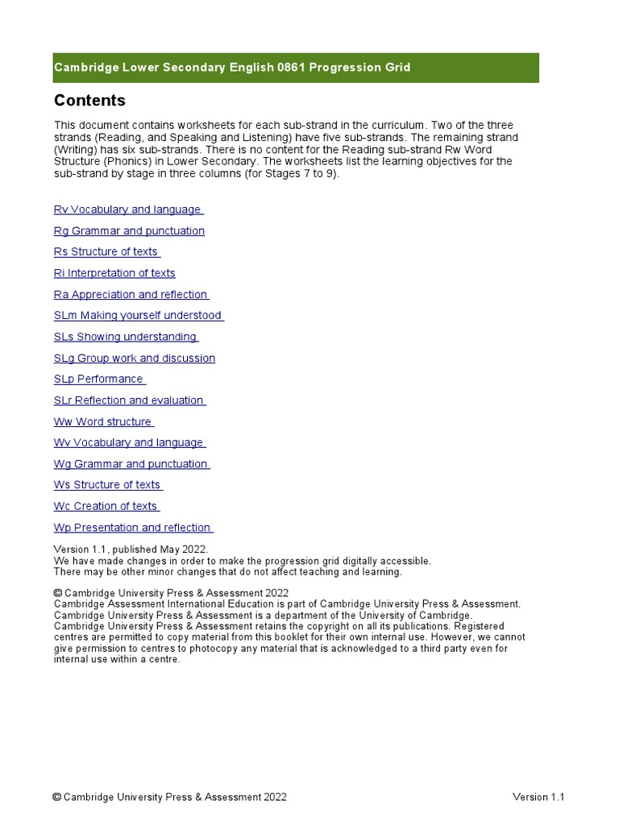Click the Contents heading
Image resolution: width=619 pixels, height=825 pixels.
coord(89,101)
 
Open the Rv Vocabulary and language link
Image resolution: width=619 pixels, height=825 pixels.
coord(128,209)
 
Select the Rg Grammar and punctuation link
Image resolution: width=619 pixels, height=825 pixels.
coord(129,231)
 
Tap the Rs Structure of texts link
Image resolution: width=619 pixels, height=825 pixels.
coord(106,252)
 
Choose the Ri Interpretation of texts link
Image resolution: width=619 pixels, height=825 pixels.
coord(114,273)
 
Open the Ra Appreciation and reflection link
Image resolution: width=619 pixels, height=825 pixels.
coord(131,295)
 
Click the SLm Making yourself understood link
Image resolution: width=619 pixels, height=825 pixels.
coord(138,316)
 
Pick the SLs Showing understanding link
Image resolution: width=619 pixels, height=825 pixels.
coord(126,337)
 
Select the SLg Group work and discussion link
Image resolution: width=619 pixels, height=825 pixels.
coord(135,359)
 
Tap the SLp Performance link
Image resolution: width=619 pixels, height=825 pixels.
coord(99,379)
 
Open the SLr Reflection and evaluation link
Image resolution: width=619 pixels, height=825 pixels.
coord(129,400)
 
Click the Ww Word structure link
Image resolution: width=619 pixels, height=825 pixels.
coord(103,422)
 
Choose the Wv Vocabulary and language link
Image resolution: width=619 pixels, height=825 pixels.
coord(129,443)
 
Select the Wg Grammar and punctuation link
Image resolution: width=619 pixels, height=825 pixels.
coord(131,464)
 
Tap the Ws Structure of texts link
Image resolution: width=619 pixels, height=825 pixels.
coord(108,485)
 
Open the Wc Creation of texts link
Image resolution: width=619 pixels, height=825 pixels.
coord(106,507)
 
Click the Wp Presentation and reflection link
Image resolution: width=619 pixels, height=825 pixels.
coord(133,528)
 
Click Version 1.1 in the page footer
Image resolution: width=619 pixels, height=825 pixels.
coord(538,798)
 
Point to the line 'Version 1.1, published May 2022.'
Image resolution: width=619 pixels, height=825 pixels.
coord(131,549)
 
